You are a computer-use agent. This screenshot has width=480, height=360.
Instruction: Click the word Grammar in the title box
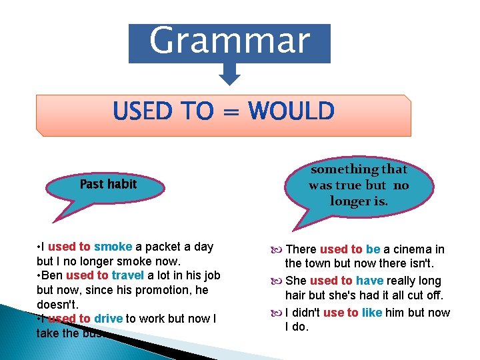(229, 41)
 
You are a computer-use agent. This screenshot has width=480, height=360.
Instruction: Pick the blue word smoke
(113, 247)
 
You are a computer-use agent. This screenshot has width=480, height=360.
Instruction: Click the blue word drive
(108, 319)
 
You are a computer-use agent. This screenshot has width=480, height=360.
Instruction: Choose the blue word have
(369, 281)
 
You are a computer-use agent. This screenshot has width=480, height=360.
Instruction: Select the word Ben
(51, 275)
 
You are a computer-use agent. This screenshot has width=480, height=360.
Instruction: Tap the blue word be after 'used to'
(373, 249)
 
